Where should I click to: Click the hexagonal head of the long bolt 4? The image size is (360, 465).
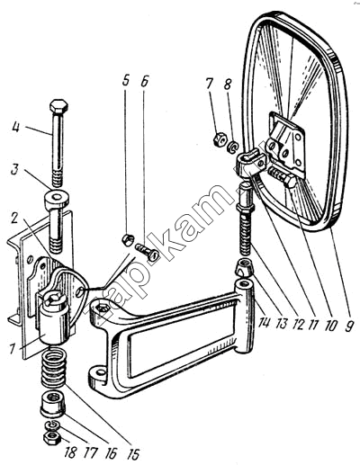[x=58, y=107]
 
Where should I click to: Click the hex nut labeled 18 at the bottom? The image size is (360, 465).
[x=52, y=438]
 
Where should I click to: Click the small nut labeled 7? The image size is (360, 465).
[x=220, y=139]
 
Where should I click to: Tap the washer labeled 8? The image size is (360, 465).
[x=233, y=147]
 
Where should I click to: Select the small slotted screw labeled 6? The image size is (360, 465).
[x=147, y=252]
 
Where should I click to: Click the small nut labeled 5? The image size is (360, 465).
[x=128, y=240]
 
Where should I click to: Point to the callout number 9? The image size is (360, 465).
[x=347, y=325]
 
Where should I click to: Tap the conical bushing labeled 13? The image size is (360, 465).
[x=244, y=266]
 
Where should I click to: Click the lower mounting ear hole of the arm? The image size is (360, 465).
[x=99, y=373]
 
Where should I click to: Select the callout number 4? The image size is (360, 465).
[x=16, y=127]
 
